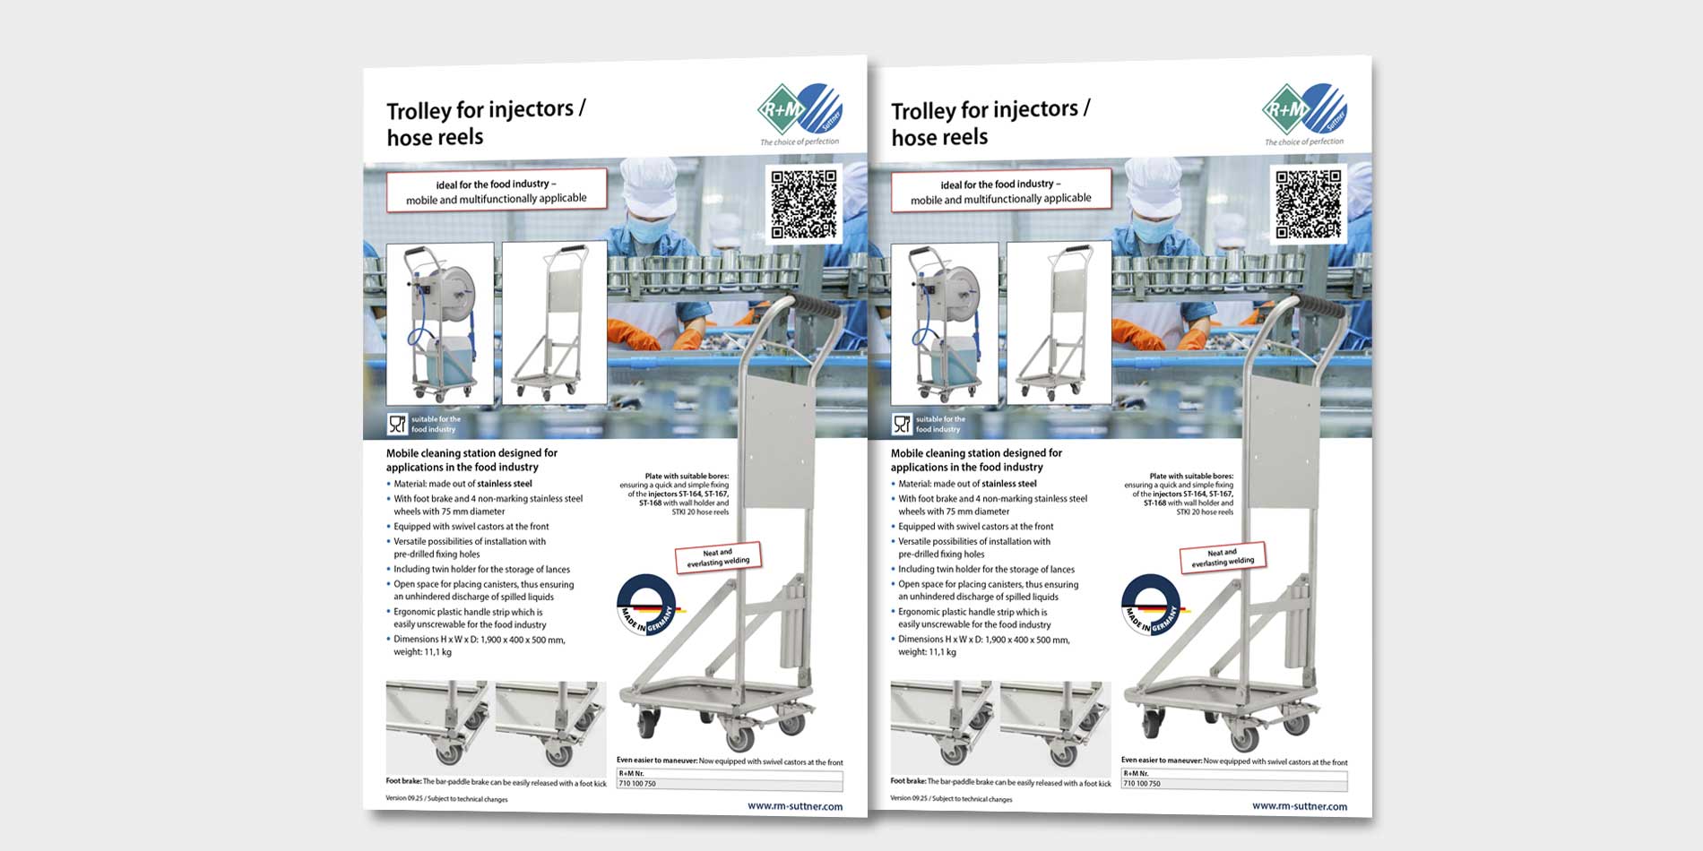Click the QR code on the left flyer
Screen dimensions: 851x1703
[804, 204]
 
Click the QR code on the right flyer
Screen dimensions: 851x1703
[1309, 204]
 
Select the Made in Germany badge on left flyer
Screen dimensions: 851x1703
[646, 605]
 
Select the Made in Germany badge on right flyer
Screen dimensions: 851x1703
[1151, 605]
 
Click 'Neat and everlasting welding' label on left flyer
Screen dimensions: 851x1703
[718, 557]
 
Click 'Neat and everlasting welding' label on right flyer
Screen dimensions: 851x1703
[1223, 557]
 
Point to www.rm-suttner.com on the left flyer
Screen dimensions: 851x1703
[795, 806]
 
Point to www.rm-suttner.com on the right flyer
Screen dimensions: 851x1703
[1300, 806]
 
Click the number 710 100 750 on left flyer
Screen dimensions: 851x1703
[637, 784]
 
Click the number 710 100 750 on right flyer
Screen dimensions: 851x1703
[1142, 784]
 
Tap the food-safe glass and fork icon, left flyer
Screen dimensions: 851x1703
[397, 424]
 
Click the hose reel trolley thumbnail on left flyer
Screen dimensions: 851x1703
[439, 323]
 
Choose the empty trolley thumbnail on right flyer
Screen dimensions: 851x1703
[1059, 323]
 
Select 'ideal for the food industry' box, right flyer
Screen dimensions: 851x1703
[1000, 191]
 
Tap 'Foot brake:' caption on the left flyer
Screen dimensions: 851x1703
[403, 781]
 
